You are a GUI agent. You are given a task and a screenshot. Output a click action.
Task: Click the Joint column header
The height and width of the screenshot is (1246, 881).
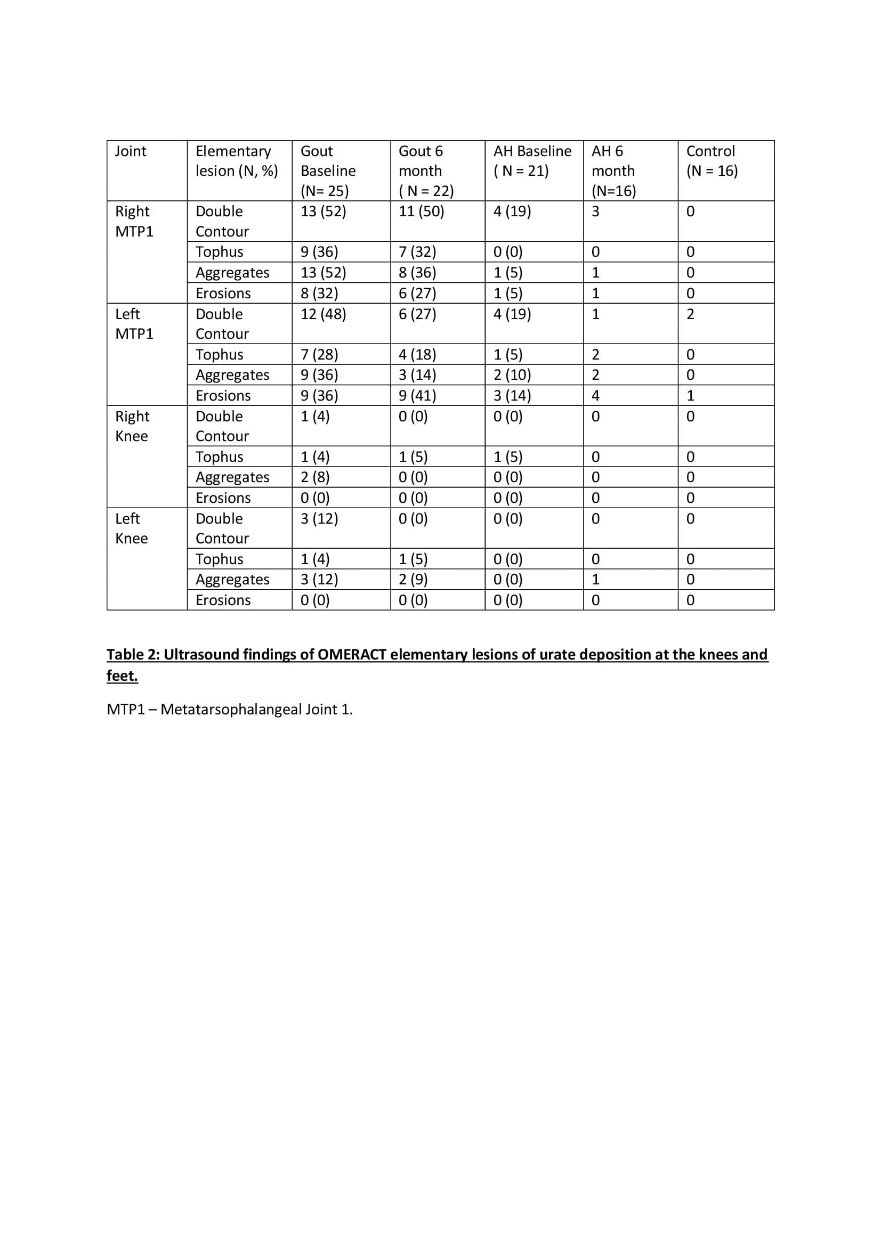coord(130,151)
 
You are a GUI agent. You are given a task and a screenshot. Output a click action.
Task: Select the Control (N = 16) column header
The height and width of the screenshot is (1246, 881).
coord(711,161)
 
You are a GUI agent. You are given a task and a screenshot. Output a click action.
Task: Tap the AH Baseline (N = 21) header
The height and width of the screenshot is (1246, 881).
coord(532,161)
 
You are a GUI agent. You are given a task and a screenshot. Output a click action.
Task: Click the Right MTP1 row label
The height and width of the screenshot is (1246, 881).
coord(134,221)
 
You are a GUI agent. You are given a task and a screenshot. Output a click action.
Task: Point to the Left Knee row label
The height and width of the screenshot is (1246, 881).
coord(131,528)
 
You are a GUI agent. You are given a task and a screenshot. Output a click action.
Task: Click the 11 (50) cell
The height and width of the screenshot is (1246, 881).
coord(421,211)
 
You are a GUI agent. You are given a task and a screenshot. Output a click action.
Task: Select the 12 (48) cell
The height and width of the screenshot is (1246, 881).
coord(323,314)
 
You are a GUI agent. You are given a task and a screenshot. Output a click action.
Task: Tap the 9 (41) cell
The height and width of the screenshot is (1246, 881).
coord(417,395)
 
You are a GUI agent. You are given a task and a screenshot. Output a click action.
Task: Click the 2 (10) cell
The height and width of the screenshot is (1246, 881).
coord(512,374)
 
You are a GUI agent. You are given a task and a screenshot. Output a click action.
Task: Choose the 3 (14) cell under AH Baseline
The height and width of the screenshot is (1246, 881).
coord(512,395)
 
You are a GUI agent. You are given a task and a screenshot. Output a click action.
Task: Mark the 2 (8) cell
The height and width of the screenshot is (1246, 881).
coord(315,477)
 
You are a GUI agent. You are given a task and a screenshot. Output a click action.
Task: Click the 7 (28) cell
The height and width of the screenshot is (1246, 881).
coord(319,354)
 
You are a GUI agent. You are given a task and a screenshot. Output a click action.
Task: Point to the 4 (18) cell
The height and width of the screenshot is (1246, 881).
coord(417,354)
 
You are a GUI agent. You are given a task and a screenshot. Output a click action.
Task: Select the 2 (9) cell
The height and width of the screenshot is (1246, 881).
coord(413,579)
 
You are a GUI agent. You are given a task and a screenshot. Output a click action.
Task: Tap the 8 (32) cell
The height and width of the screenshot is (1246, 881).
coord(319,293)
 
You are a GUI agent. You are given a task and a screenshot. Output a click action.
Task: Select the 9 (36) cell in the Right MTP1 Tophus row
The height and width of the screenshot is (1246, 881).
coord(319,252)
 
